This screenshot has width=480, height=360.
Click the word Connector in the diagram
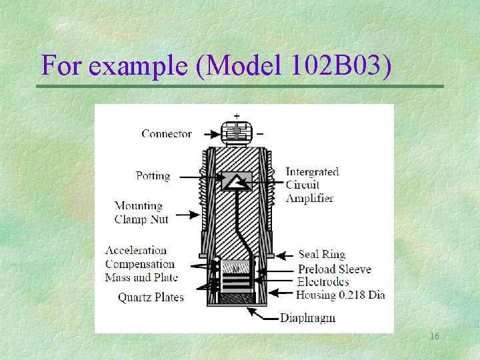[167, 133]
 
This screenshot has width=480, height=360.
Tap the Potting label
[153, 176]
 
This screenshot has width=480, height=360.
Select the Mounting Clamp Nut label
[141, 213]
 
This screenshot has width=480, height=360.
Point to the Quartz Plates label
[151, 297]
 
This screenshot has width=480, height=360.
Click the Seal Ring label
[321, 254]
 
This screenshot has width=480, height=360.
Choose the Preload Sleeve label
[334, 269]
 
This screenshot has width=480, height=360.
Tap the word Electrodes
[323, 282]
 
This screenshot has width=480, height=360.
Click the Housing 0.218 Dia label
[340, 295]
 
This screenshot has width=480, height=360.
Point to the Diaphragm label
[307, 317]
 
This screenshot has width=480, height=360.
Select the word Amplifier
[309, 198]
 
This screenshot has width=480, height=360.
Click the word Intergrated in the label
[312, 172]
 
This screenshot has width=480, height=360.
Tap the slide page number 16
[434, 337]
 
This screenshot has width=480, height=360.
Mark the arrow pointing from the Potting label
[200, 177]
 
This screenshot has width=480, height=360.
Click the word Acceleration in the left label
[136, 251]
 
